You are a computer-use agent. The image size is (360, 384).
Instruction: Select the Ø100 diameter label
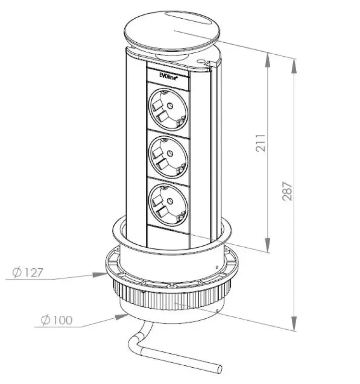click(x=57, y=320)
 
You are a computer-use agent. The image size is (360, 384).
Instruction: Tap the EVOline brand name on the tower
click(x=168, y=76)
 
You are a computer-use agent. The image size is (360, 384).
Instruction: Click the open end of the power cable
click(x=219, y=369)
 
